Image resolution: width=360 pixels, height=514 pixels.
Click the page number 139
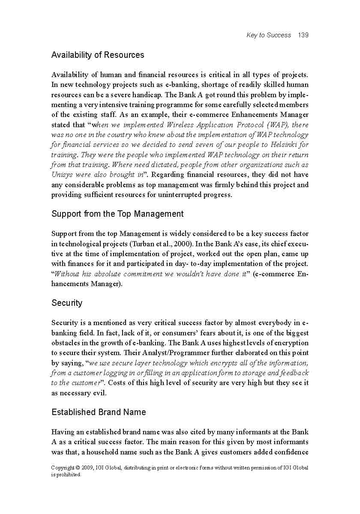click(x=303, y=35)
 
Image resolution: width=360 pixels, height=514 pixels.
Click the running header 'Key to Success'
click(x=269, y=35)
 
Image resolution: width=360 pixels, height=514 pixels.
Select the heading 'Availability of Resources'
click(x=98, y=55)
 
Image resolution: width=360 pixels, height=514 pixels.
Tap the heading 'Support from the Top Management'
click(x=117, y=214)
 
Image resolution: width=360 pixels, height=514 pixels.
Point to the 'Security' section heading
click(x=67, y=303)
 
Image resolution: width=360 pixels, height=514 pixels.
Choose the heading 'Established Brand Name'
click(x=99, y=412)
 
